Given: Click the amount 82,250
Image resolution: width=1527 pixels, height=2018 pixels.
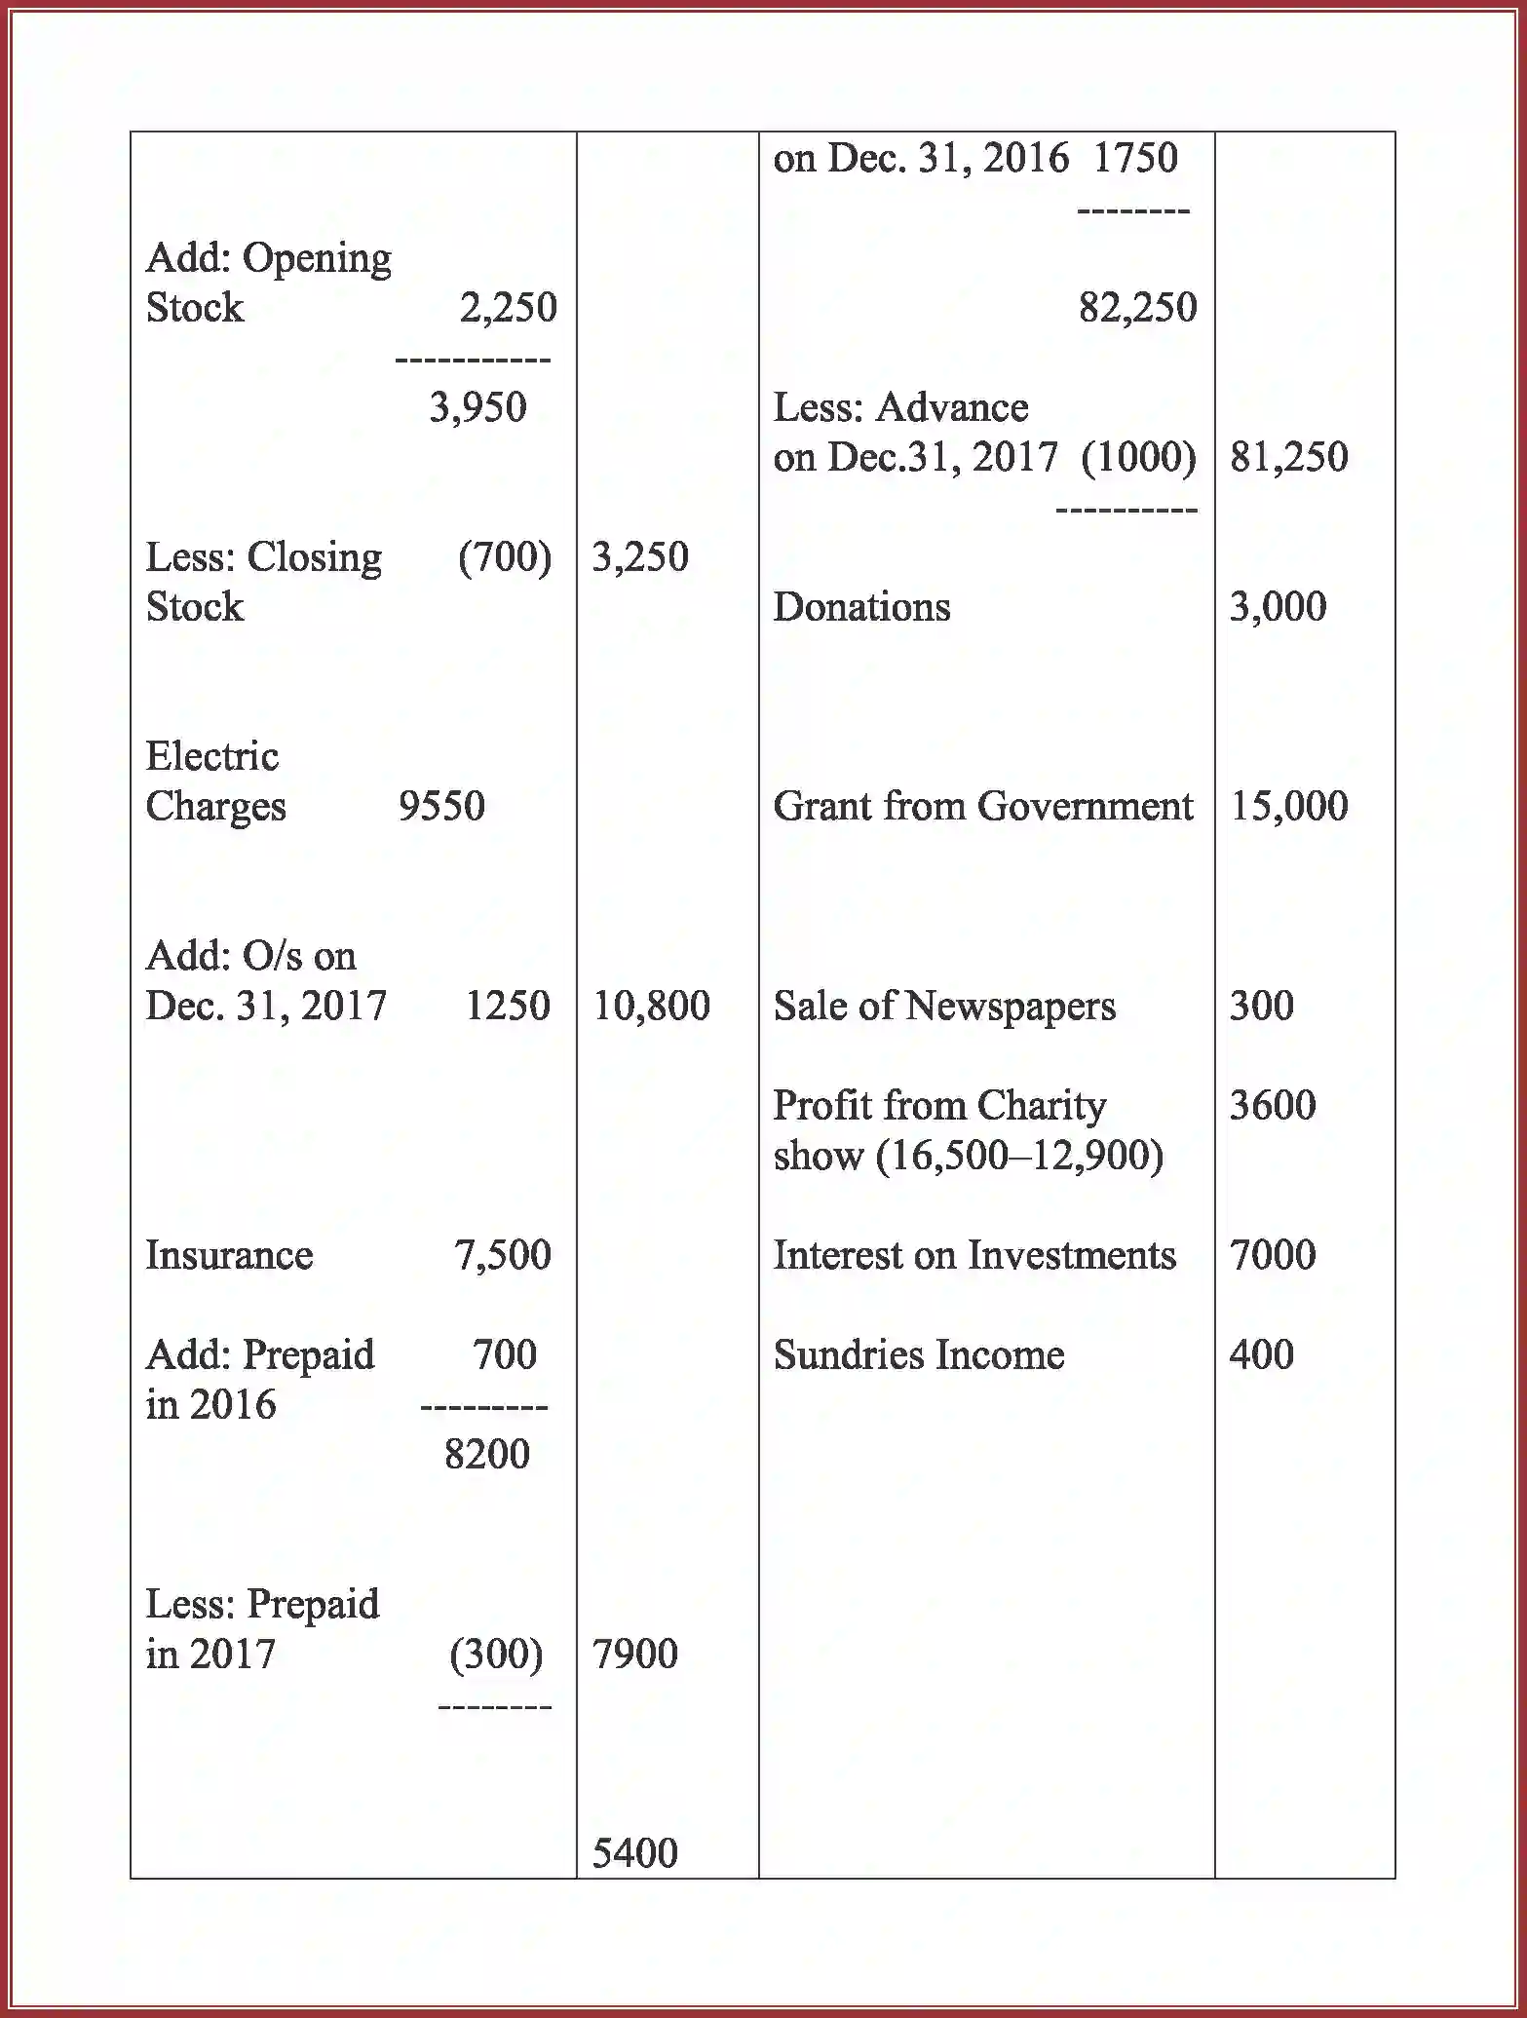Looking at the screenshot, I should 1137,308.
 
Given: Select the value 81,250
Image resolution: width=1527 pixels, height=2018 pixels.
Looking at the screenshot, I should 1288,457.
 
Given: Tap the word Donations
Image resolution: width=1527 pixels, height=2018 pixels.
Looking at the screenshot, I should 861,607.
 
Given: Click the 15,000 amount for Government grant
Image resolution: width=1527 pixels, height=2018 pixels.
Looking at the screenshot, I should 1288,806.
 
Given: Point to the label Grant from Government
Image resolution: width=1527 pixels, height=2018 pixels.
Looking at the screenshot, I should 982,806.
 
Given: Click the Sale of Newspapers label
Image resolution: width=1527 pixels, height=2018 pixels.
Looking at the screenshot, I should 944,1006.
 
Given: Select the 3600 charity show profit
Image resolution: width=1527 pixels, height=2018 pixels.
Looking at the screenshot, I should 1272,1105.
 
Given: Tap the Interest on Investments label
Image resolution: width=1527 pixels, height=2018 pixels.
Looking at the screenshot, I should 974,1255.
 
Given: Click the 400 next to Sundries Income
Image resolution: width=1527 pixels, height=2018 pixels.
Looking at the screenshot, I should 1261,1354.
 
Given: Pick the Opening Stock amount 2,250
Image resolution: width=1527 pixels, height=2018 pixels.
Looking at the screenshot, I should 508,308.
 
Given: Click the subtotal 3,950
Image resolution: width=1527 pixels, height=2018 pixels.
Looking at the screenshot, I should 477,407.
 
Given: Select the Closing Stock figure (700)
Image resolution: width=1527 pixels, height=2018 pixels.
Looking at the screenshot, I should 504,557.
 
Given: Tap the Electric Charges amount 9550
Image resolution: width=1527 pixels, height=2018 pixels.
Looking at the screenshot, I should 441,806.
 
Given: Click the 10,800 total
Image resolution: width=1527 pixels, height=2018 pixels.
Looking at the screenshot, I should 651,1006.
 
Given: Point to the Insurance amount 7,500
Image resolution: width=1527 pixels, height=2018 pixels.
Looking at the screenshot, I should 502,1255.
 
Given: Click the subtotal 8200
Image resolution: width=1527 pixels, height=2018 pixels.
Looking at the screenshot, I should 486,1455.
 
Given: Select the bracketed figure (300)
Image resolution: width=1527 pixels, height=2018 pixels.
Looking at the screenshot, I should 496,1654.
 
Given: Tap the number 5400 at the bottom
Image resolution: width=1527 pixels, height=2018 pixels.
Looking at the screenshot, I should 634,1853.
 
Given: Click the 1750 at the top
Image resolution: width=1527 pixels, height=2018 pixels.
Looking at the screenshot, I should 1135,158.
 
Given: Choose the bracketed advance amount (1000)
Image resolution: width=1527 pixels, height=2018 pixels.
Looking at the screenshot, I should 1138,457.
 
